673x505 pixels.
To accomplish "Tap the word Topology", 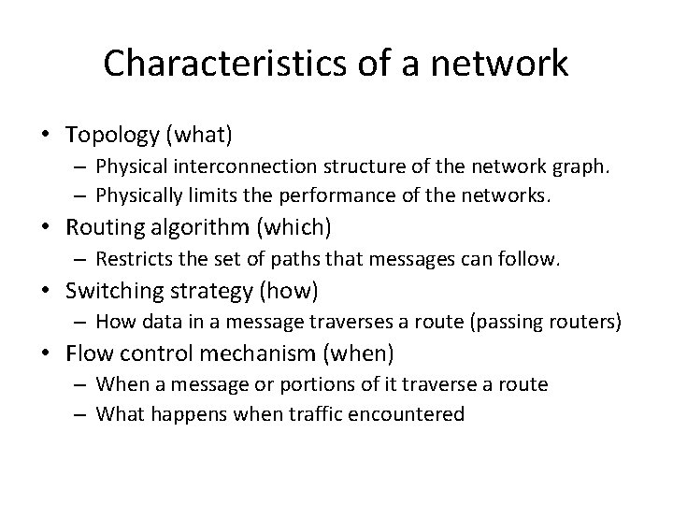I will pyautogui.click(x=113, y=135).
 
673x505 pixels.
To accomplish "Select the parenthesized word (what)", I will pyautogui.click(x=199, y=135).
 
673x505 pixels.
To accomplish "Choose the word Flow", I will pyautogui.click(x=87, y=353).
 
